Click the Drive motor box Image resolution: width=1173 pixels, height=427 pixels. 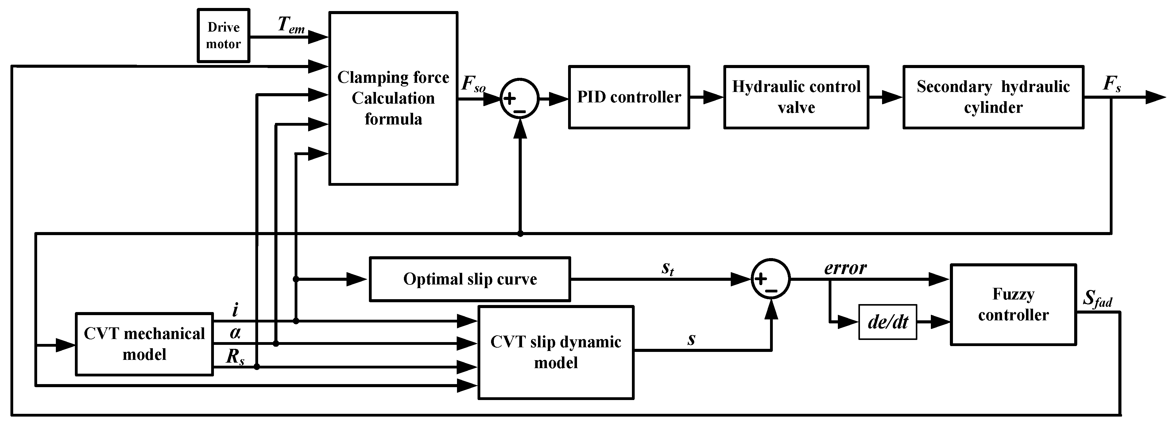(223, 36)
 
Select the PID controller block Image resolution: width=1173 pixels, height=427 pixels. (629, 97)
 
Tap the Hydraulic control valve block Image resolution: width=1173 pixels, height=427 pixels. (796, 97)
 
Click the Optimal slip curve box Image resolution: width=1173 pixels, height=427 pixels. (470, 279)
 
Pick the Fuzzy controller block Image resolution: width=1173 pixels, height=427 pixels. (1013, 305)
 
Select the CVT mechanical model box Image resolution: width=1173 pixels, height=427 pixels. (144, 344)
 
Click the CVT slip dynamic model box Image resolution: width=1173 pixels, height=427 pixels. (556, 353)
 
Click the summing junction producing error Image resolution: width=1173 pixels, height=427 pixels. (770, 279)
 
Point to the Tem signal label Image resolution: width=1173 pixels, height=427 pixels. (291, 25)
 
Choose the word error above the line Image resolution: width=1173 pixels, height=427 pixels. (845, 268)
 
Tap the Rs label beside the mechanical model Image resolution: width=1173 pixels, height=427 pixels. (235, 357)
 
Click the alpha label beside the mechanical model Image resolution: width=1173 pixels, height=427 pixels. (235, 333)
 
